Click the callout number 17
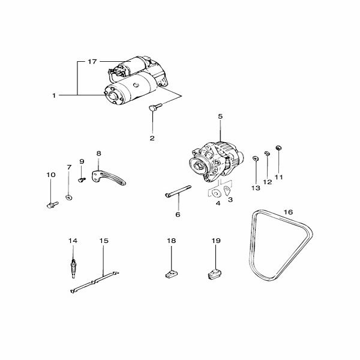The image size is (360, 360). [x=92, y=62]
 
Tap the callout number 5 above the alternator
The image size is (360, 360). [x=220, y=116]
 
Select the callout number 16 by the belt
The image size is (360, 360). [x=289, y=212]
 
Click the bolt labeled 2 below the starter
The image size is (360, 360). [x=155, y=107]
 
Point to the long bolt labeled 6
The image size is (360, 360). [x=178, y=191]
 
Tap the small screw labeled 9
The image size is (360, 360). [x=82, y=179]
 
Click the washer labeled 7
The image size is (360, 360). [x=69, y=197]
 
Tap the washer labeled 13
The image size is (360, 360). [x=256, y=158]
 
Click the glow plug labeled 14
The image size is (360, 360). [x=73, y=268]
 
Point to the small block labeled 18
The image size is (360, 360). [x=172, y=274]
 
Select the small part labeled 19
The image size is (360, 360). [x=215, y=274]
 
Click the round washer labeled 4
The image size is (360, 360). [x=216, y=193]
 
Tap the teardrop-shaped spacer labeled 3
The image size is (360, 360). [x=227, y=191]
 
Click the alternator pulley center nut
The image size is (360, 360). [x=197, y=166]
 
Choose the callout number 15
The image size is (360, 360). [x=104, y=241]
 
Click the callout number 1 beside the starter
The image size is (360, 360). [x=54, y=95]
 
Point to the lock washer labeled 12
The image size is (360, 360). [x=267, y=153]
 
